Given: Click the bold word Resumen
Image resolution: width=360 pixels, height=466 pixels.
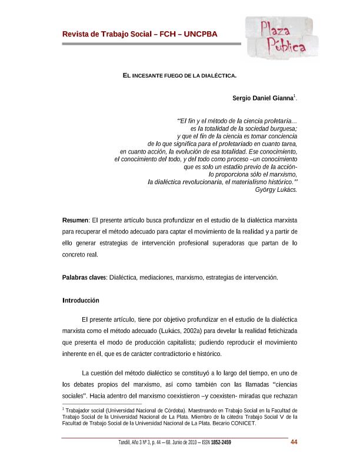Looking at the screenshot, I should coord(75,219).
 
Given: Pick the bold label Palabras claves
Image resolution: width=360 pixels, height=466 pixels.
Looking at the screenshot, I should coord(84,277).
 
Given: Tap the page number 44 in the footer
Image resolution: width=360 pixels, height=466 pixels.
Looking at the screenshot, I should coord(295,443).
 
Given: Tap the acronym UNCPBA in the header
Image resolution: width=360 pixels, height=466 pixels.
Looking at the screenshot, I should coord(201,34).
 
